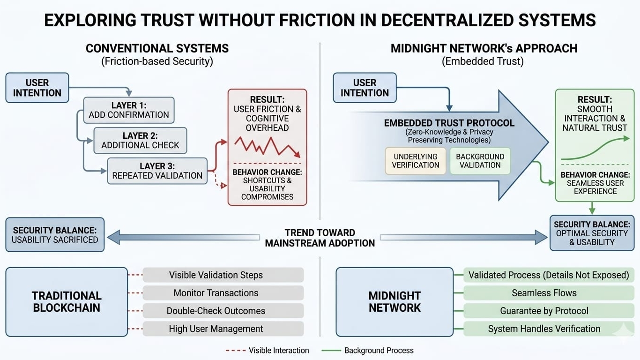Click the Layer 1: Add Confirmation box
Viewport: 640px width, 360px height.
click(x=129, y=110)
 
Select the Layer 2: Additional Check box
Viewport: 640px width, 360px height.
click(x=140, y=140)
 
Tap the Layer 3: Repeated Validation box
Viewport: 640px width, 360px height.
click(x=157, y=171)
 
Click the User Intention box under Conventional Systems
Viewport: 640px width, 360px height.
click(x=37, y=88)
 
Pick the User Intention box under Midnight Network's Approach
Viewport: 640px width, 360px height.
click(x=365, y=88)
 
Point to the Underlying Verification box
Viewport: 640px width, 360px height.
click(x=416, y=161)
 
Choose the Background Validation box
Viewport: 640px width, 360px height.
click(x=480, y=161)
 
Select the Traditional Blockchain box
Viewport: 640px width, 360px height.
click(x=67, y=302)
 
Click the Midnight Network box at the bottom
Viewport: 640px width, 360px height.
click(x=394, y=302)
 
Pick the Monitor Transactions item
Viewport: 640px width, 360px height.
click(x=216, y=293)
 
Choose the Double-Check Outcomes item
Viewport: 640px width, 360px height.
click(x=216, y=311)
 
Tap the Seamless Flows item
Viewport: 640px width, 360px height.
click(x=544, y=293)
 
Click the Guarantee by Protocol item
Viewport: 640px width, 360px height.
click(x=544, y=311)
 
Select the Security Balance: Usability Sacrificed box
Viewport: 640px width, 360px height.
click(x=55, y=234)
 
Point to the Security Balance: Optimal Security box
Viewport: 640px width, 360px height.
click(x=591, y=233)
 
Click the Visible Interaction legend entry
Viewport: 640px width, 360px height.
click(x=268, y=350)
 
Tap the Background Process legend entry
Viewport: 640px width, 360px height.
click(x=368, y=350)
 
